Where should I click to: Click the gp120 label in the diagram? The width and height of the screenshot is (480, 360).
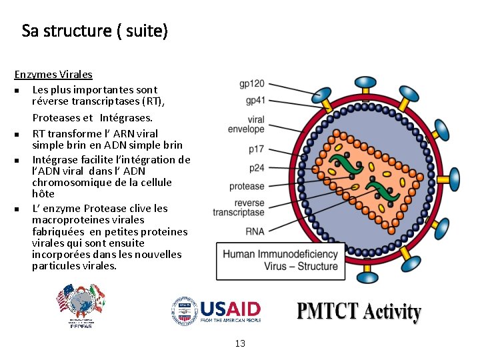(252, 84)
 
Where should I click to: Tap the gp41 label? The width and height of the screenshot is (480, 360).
(255, 101)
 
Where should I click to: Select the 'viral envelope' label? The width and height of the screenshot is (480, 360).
(246, 124)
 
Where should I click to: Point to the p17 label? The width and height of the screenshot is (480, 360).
(256, 149)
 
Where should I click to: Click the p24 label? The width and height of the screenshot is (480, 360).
(256, 168)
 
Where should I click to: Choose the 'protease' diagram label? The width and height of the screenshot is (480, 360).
(247, 186)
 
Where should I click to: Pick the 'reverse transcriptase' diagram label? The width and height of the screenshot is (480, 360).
(239, 208)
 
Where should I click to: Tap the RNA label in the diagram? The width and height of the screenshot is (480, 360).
(255, 231)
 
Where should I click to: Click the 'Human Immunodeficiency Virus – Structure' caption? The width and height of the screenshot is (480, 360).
(280, 260)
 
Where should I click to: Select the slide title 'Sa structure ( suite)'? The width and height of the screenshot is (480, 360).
(95, 31)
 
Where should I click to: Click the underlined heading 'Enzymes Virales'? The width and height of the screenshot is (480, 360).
(53, 75)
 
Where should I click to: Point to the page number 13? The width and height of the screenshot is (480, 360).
(240, 343)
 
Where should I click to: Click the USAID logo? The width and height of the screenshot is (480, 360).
(217, 311)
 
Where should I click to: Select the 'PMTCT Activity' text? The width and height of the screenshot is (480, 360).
(359, 312)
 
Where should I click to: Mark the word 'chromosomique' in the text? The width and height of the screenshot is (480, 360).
(68, 182)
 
